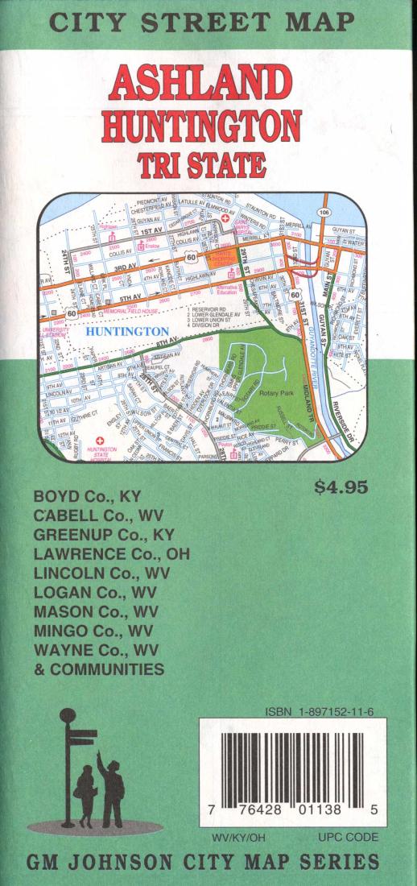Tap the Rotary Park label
point(275,392)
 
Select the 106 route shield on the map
point(324,212)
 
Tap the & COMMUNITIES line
point(99,669)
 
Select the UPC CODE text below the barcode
point(348,838)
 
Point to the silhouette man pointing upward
point(110,788)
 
